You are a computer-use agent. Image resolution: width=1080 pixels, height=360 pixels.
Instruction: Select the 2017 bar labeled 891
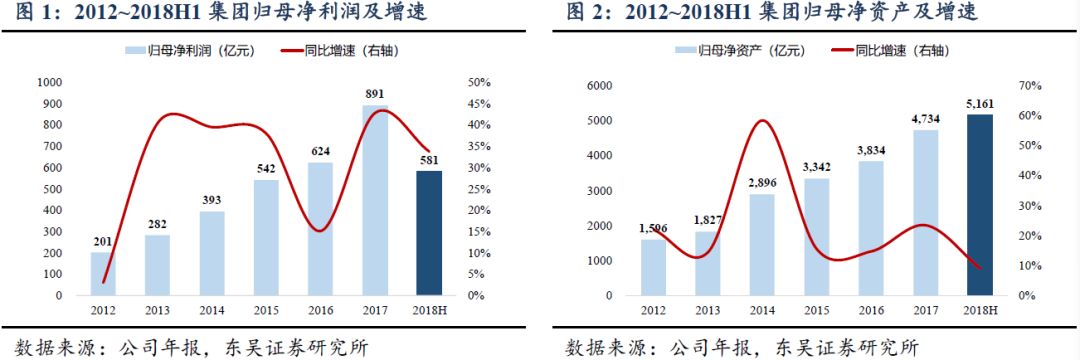pyautogui.click(x=375, y=200)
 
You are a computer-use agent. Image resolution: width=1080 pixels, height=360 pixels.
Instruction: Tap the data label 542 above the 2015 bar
pyautogui.click(x=265, y=169)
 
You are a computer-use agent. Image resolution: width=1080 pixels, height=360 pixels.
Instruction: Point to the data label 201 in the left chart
pyautogui.click(x=103, y=241)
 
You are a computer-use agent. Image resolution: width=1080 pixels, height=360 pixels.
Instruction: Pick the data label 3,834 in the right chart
pyautogui.click(x=871, y=150)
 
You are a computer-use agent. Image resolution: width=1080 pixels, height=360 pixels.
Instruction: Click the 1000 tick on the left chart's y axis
pyautogui.click(x=47, y=83)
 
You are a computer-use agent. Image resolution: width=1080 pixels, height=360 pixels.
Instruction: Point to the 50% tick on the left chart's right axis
pyautogui.click(x=479, y=83)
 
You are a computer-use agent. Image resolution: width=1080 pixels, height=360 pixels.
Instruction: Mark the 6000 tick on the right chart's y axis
pyautogui.click(x=597, y=86)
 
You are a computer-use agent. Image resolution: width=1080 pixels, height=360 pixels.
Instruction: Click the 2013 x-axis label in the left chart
pyautogui.click(x=158, y=310)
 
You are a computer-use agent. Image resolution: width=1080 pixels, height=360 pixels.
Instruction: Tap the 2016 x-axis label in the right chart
pyautogui.click(x=871, y=310)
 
